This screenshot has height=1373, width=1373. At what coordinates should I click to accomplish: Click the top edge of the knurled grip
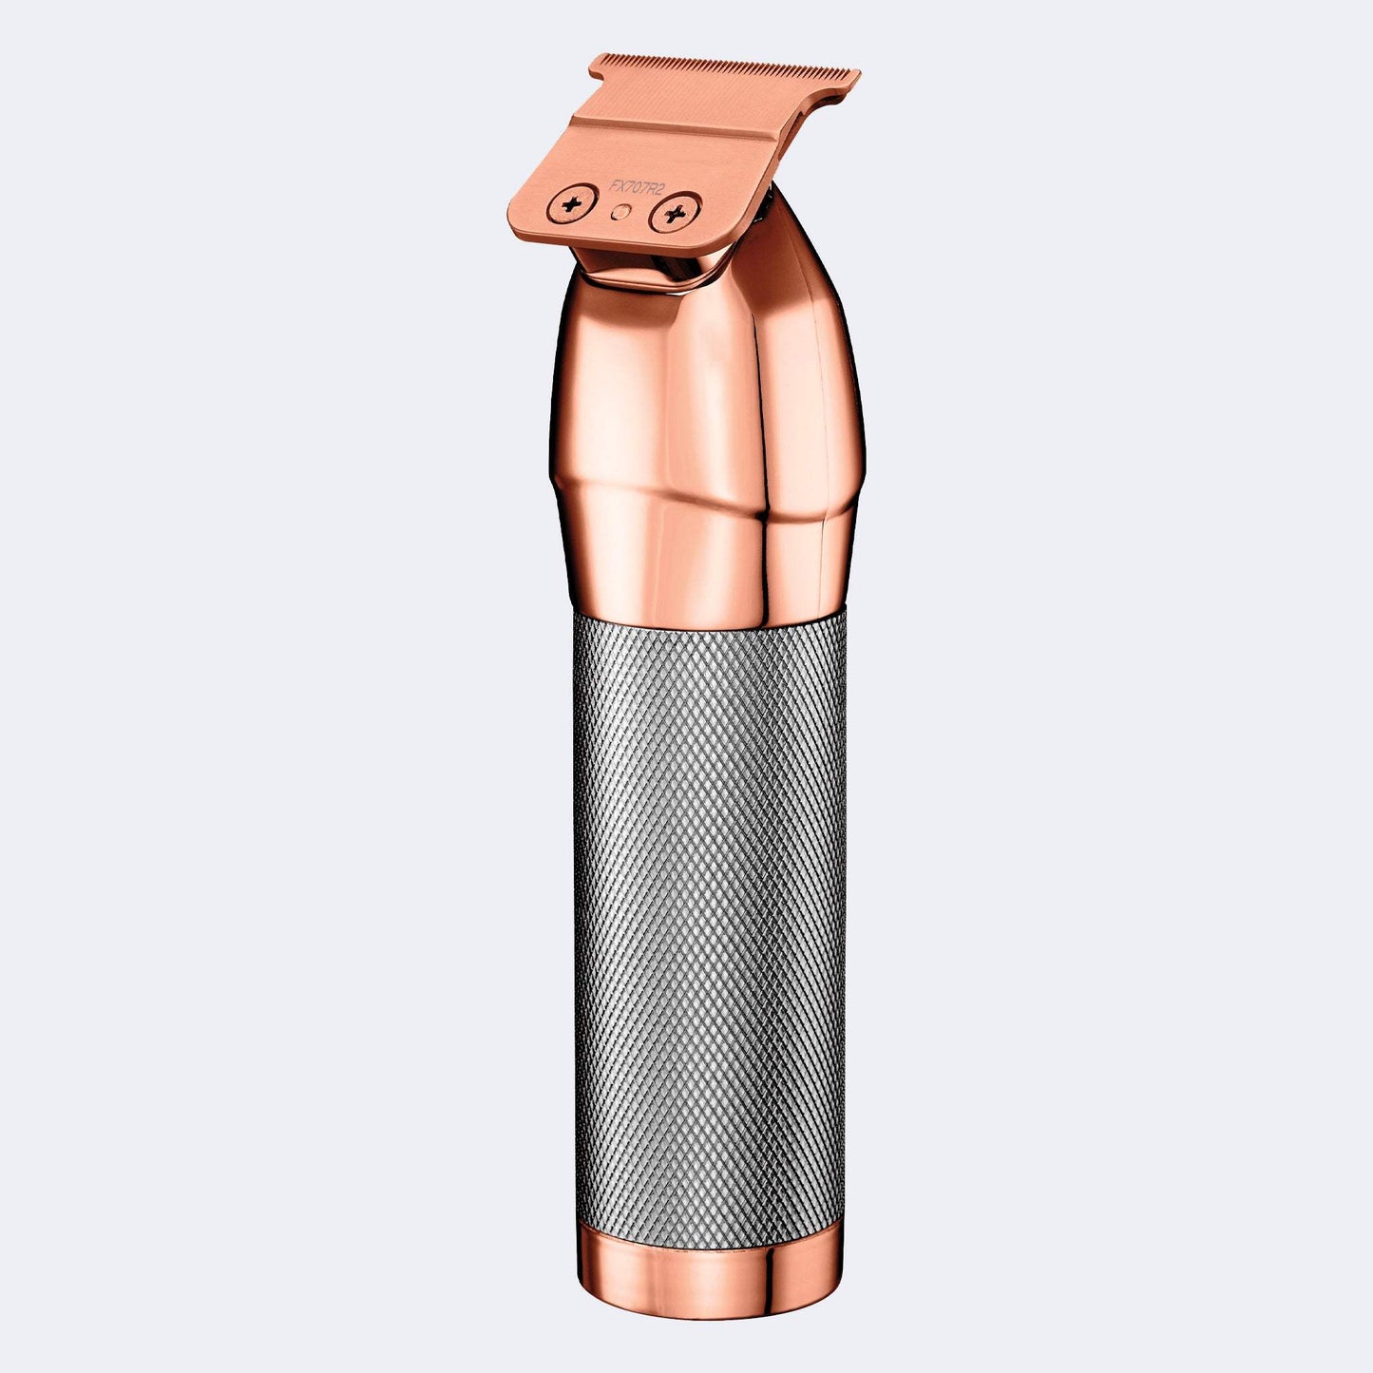pos(708,628)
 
